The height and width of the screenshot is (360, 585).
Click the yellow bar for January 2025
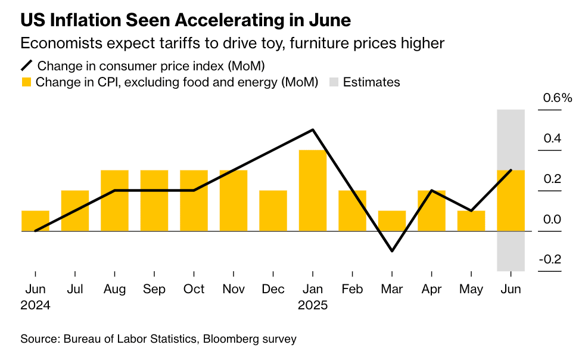[313, 190]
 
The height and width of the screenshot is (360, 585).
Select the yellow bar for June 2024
[35, 221]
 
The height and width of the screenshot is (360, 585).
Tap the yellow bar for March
[392, 221]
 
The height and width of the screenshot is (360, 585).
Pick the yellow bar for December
[273, 210]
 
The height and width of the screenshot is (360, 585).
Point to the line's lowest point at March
[392, 251]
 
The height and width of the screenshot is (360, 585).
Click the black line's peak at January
[313, 130]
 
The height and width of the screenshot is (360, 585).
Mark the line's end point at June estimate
[511, 170]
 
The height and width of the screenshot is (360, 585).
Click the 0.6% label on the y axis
[556, 98]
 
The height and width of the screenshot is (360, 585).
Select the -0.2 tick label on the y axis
[550, 259]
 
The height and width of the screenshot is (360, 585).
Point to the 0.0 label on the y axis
[552, 219]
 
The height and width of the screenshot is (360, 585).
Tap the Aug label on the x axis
[114, 289]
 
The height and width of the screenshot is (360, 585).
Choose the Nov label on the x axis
[234, 289]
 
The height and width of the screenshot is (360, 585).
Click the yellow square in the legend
[26, 82]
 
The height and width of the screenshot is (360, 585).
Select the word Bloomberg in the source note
[230, 339]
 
